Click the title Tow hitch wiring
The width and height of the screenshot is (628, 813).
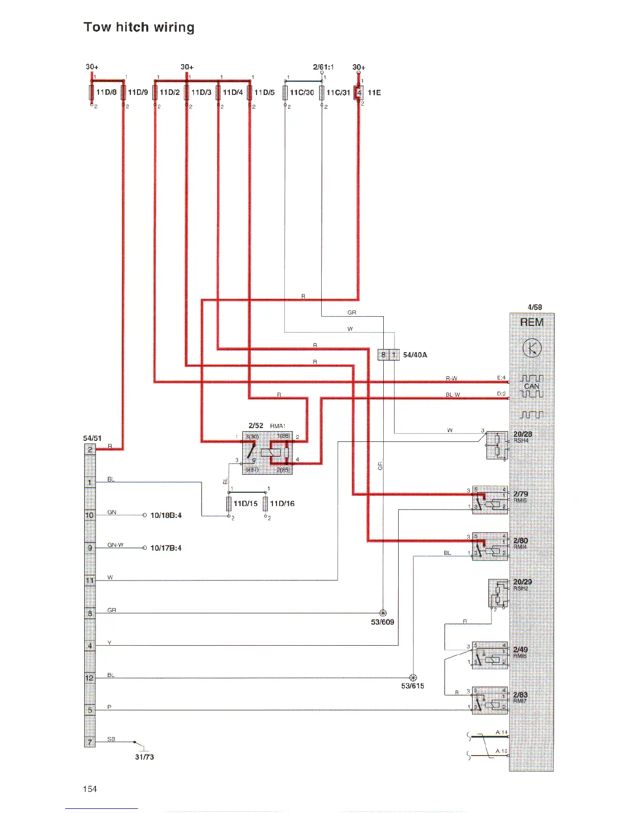139,27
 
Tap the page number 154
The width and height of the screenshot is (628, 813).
90,789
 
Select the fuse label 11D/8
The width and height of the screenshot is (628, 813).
107,92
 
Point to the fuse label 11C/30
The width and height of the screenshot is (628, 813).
302,92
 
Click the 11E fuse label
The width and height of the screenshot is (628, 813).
374,92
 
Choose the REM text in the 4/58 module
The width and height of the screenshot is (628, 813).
532,322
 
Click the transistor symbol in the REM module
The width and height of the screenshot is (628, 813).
532,349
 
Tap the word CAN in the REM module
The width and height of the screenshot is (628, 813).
532,386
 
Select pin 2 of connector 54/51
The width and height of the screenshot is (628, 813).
90,450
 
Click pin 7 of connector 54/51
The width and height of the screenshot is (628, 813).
90,742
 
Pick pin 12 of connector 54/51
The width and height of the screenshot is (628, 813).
90,678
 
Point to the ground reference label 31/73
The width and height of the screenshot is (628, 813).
144,757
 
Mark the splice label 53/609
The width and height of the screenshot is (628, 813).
382,622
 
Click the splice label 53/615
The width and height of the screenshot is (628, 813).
413,686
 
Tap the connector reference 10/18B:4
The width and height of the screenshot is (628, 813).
166,515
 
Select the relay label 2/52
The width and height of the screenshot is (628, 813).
256,425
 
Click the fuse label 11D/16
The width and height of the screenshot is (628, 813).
282,504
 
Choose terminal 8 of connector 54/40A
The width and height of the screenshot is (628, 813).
383,355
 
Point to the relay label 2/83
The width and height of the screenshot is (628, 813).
520,694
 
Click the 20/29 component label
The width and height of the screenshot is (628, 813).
522,582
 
